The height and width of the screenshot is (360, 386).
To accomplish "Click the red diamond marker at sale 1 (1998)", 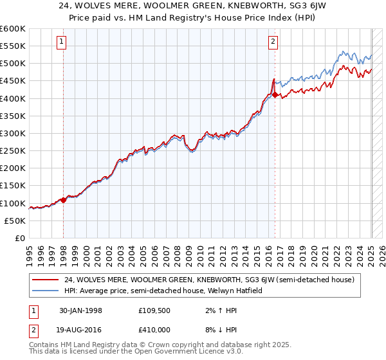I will click(64, 200).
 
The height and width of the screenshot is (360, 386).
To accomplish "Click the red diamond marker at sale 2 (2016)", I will click(275, 95).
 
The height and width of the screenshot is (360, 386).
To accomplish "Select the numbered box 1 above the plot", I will click(62, 42).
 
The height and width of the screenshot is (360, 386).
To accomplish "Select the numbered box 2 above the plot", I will click(273, 42).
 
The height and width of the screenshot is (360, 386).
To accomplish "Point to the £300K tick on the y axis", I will click(26, 133).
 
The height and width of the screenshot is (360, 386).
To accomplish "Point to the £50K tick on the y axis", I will click(26, 221).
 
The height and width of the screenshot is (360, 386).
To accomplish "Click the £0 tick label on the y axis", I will click(22, 238).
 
